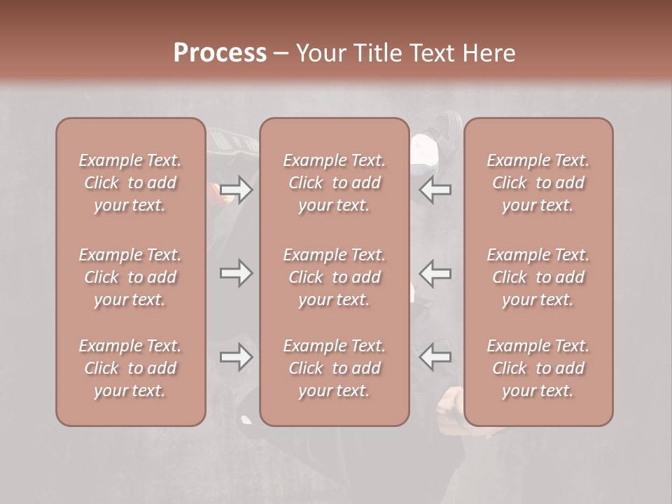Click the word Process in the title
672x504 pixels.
pos(220,53)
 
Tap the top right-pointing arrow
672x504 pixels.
pos(237,189)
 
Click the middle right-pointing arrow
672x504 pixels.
pos(237,273)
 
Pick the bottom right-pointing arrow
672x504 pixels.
pos(237,357)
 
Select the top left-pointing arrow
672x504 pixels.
pos(435,189)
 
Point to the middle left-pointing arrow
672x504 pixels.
pos(435,273)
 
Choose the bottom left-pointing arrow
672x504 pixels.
pos(435,357)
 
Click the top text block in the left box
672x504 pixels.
pos(130,183)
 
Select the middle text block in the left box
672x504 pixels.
pos(130,277)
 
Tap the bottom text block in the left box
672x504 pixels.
pos(130,368)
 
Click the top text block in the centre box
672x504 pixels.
pos(335,183)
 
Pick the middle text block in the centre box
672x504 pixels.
pos(335,277)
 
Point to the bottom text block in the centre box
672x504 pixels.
pos(335,368)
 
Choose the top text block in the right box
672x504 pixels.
pos(538,183)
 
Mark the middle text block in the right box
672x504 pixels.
pos(538,277)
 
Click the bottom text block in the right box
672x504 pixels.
pos(538,368)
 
